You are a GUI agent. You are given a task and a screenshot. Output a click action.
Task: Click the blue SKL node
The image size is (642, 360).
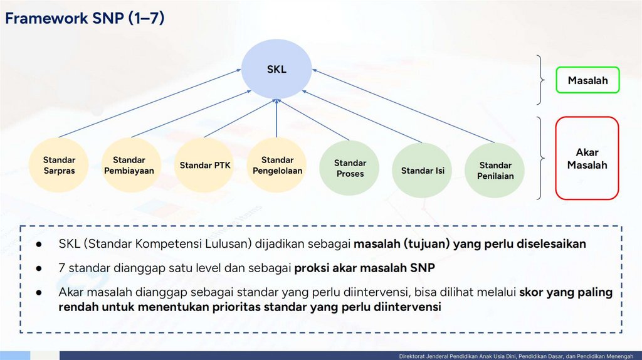(x=276, y=70)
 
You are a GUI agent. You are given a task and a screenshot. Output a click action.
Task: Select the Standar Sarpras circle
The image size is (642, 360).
(x=60, y=165)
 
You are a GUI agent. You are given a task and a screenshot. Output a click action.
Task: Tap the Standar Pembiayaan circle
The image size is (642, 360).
(x=129, y=165)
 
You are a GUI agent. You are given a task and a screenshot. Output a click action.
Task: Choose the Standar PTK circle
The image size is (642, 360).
(x=205, y=166)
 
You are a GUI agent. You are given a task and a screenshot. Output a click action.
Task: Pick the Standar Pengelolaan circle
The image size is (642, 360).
(x=277, y=166)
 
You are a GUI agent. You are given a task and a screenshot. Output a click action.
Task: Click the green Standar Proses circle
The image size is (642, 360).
(x=350, y=168)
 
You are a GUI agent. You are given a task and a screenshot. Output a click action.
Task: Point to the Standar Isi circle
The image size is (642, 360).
(x=423, y=170)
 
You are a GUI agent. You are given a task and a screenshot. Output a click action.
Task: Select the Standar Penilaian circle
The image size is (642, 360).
(x=495, y=171)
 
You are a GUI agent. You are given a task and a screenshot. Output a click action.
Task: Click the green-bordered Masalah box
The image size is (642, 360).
(x=587, y=80)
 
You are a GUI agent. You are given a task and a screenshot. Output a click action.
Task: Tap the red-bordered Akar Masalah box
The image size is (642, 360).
(x=587, y=158)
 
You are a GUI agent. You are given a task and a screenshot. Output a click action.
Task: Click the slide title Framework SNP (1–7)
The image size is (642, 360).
(x=85, y=19)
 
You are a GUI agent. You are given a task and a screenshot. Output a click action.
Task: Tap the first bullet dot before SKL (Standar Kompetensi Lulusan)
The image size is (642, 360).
(x=39, y=244)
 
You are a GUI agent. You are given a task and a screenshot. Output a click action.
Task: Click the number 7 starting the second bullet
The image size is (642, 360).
(x=61, y=268)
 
